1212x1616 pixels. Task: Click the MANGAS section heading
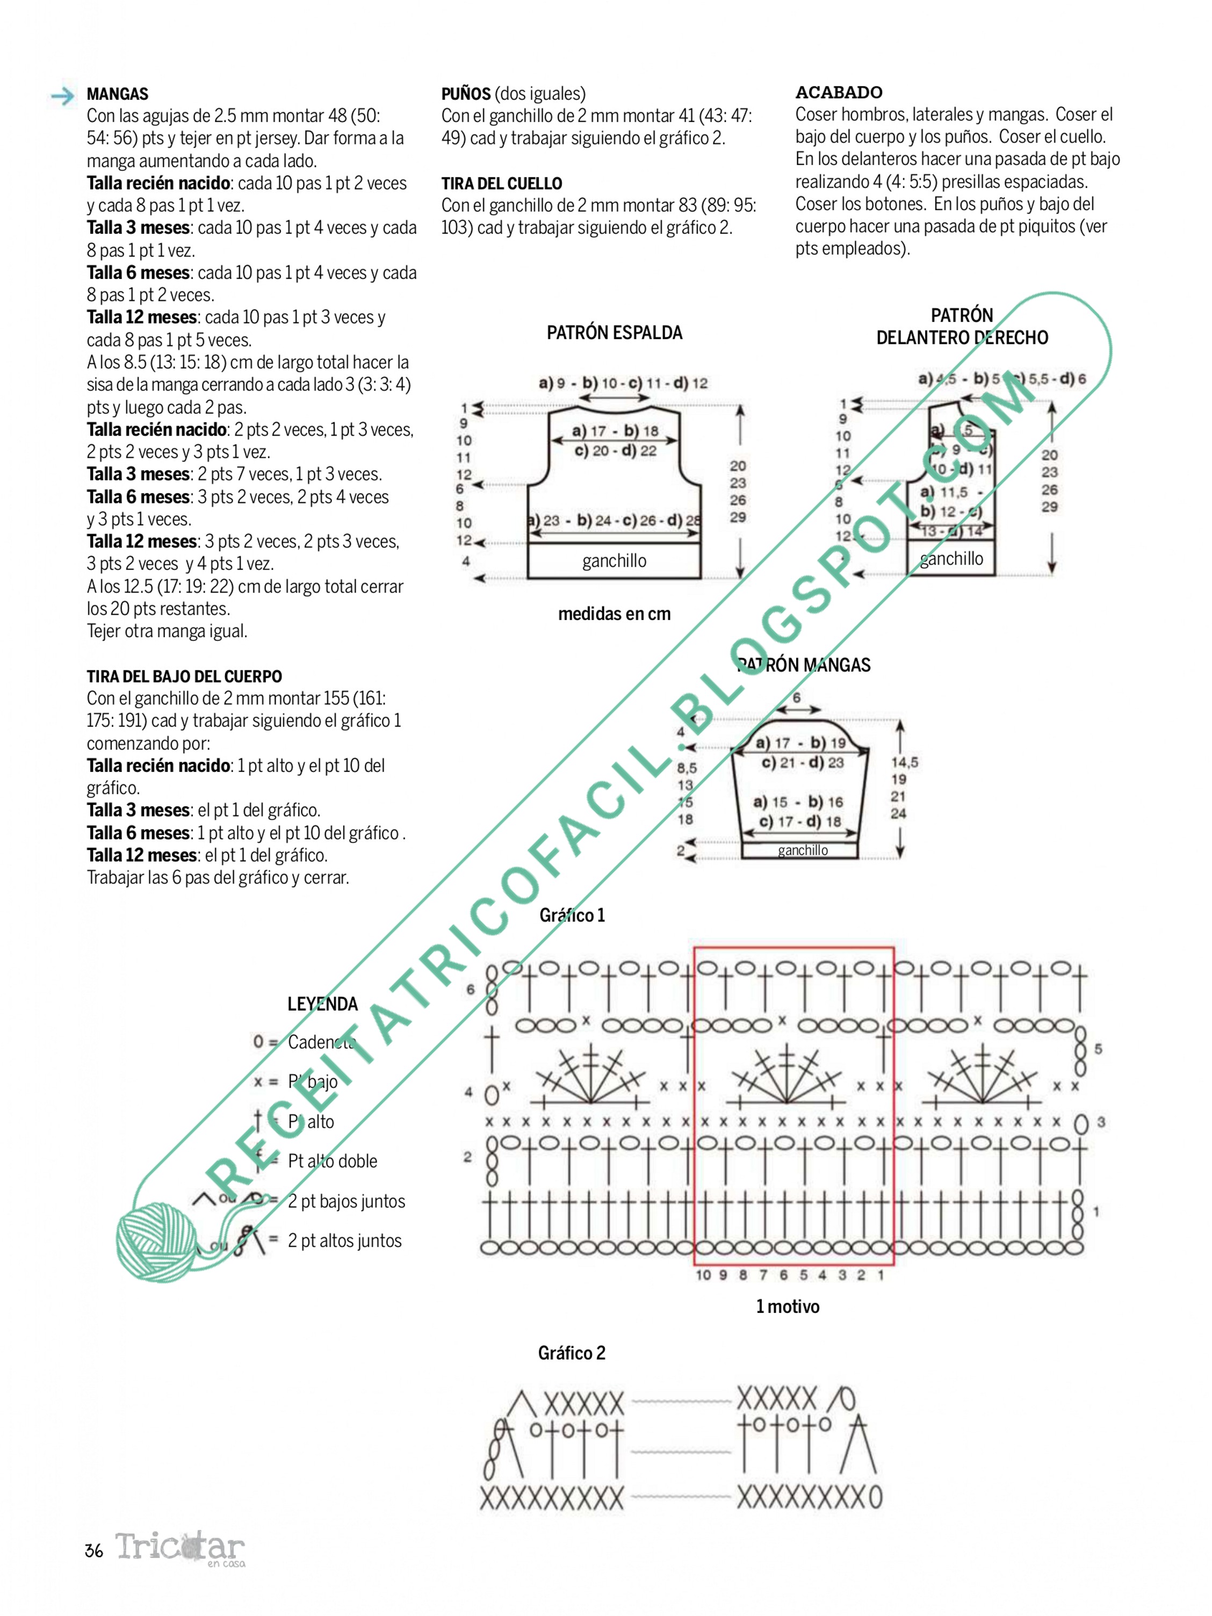click(x=117, y=94)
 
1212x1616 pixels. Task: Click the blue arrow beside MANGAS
click(x=63, y=96)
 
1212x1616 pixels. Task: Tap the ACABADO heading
click(x=838, y=93)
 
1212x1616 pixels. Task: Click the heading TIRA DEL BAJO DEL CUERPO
click(x=184, y=676)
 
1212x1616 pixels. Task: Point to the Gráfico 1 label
click(x=572, y=915)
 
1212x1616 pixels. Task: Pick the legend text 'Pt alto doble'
click(x=333, y=1161)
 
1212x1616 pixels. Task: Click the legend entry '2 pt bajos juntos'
click(x=347, y=1202)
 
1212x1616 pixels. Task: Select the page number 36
click(x=93, y=1551)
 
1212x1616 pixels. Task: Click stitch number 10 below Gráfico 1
click(x=703, y=1275)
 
